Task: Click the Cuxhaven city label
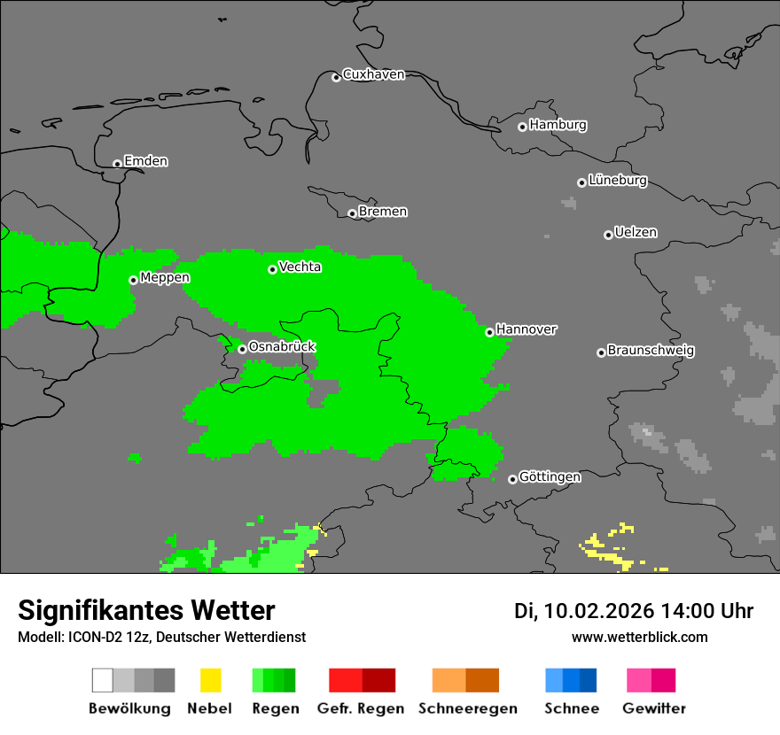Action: (373, 74)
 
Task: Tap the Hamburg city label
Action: (558, 125)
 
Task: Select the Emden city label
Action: (145, 161)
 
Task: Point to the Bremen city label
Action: (383, 212)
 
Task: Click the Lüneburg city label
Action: (617, 181)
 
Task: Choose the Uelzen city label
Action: (636, 233)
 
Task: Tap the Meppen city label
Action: (165, 278)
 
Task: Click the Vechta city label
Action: (300, 267)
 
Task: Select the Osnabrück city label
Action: (282, 347)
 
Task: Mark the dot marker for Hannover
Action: (489, 332)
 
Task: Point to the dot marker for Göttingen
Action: (512, 479)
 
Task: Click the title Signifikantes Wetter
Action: (146, 611)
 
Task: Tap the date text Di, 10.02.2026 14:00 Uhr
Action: (634, 611)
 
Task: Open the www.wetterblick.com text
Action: (639, 637)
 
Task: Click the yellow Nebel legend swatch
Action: (210, 680)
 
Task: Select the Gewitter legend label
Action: (654, 708)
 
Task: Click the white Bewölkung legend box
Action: (102, 680)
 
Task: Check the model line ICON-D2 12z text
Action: (161, 637)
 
